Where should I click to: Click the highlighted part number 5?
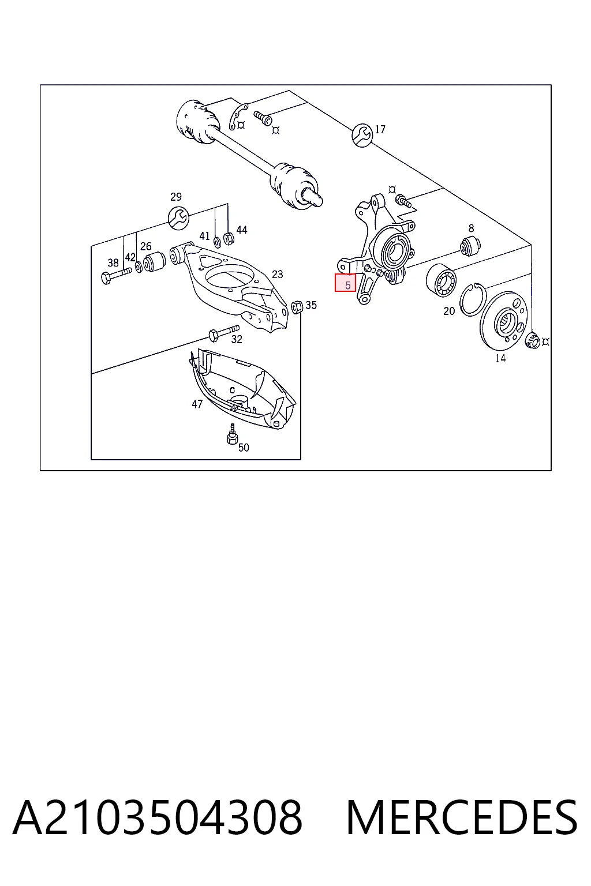pyautogui.click(x=345, y=283)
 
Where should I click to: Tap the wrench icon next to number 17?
pyautogui.click(x=362, y=135)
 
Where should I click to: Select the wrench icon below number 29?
pyautogui.click(x=178, y=217)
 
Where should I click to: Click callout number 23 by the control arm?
pyautogui.click(x=278, y=274)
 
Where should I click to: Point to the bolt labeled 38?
pyautogui.click(x=117, y=275)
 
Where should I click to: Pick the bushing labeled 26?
pyautogui.click(x=154, y=261)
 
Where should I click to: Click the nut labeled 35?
pyautogui.click(x=297, y=306)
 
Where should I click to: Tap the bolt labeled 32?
pyautogui.click(x=224, y=332)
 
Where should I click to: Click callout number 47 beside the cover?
pyautogui.click(x=197, y=404)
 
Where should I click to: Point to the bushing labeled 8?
pyautogui.click(x=470, y=246)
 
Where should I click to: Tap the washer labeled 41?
pyautogui.click(x=217, y=241)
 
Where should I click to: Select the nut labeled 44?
pyautogui.click(x=229, y=238)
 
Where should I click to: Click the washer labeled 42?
pyautogui.click(x=139, y=267)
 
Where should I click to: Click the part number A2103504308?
pyautogui.click(x=158, y=817)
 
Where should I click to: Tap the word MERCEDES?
pyautogui.click(x=462, y=817)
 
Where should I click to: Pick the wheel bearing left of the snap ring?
pyautogui.click(x=441, y=280)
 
